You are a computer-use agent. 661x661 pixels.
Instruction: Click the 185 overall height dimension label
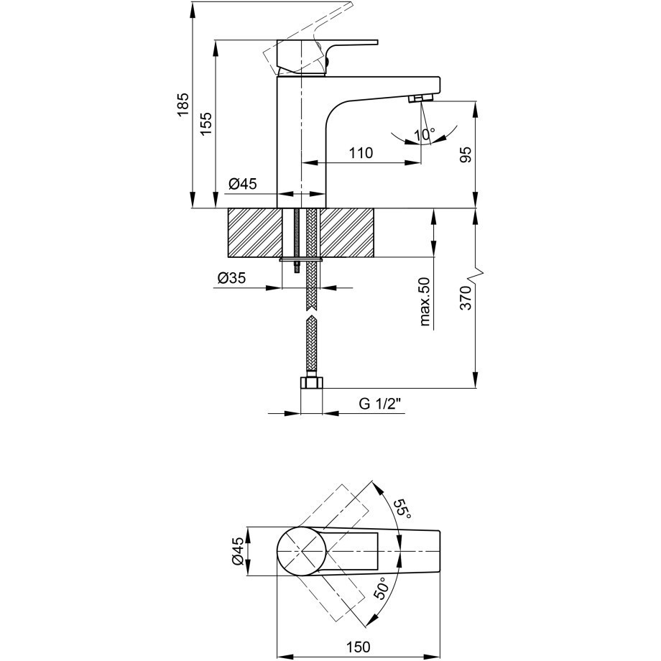click(183, 105)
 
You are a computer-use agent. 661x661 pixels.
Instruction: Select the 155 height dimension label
click(206, 124)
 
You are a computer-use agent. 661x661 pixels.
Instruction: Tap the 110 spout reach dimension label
click(361, 152)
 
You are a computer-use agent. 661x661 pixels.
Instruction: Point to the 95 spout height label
click(466, 155)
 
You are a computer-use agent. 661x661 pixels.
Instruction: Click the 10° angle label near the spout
click(424, 135)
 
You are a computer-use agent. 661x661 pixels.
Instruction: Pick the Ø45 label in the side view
click(242, 183)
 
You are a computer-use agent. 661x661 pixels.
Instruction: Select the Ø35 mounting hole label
click(231, 278)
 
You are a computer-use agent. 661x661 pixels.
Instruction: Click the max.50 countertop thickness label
click(425, 302)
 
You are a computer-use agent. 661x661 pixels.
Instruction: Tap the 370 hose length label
click(466, 297)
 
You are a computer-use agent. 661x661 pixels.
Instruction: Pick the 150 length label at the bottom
click(359, 646)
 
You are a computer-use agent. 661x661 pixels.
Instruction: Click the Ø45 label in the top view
click(237, 551)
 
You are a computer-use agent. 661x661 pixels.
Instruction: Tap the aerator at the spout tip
click(421, 98)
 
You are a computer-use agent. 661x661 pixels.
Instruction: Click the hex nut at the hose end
click(312, 383)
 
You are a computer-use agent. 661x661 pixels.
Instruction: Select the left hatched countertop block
click(254, 233)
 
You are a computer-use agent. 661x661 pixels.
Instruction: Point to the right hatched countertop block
click(347, 233)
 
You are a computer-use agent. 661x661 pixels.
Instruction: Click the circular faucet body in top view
click(302, 551)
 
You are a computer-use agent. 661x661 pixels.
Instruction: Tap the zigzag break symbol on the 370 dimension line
click(476, 275)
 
